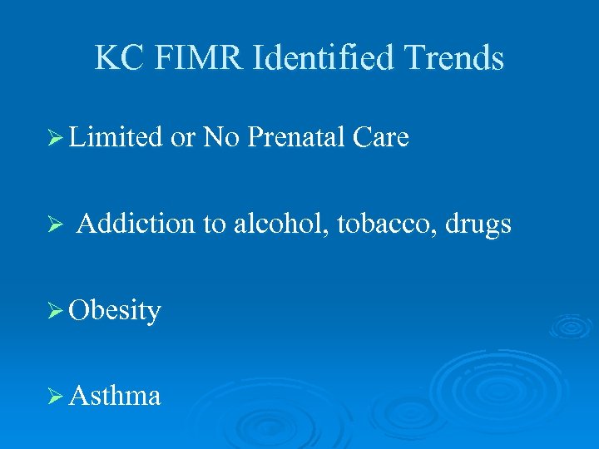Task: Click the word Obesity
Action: tap(115, 311)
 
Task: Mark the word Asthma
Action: tap(115, 395)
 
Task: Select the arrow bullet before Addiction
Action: tap(57, 224)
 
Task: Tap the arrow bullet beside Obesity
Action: tap(57, 311)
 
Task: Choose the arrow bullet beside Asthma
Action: tap(57, 396)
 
